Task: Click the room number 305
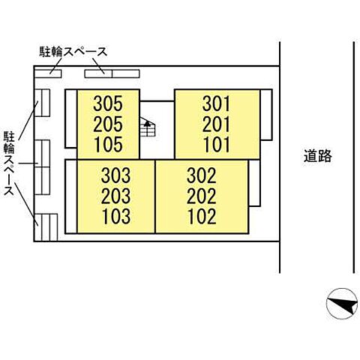point(108,103)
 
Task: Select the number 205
point(108,124)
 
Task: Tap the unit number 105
point(109,144)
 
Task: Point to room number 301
point(216,104)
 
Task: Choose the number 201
point(216,124)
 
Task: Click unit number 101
point(217,145)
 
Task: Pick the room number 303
point(115,175)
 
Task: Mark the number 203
point(115,196)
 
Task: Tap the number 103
point(116,216)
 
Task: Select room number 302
point(202,175)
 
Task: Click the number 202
point(202,196)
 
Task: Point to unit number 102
point(202,216)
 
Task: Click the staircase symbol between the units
point(148,127)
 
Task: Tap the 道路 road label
point(318,156)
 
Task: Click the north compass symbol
point(342,304)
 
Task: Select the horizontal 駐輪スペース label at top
point(73,52)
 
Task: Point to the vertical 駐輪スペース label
point(9,163)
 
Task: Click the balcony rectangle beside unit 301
point(266,115)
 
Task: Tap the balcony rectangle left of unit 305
point(71,118)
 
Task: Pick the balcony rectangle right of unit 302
point(254,183)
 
